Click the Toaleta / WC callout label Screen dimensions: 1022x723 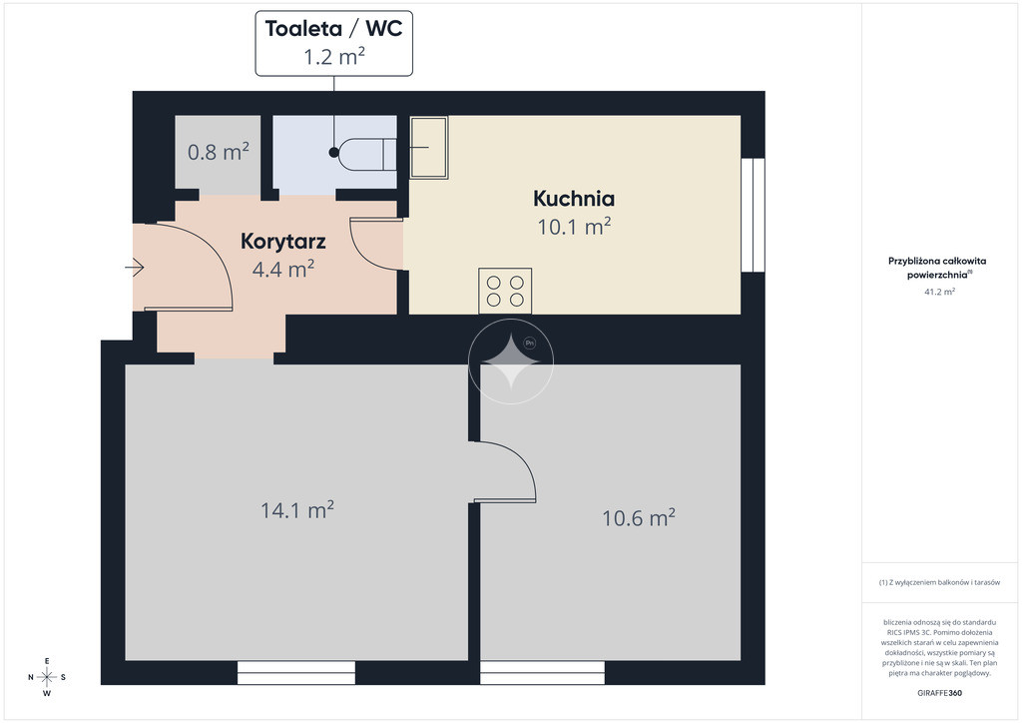pyautogui.click(x=333, y=43)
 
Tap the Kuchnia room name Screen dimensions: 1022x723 pyautogui.click(x=574, y=198)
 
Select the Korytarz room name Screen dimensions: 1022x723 pyautogui.click(x=282, y=242)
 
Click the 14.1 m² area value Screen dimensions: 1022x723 pyautogui.click(x=297, y=510)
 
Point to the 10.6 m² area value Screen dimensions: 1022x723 pyautogui.click(x=638, y=517)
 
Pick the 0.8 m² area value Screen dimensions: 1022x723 pyautogui.click(x=218, y=152)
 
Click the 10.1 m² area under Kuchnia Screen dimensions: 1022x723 pyautogui.click(x=574, y=227)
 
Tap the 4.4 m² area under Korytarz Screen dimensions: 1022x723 pyautogui.click(x=282, y=269)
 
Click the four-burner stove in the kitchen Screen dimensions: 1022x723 pyautogui.click(x=505, y=291)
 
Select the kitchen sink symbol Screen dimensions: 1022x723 pyautogui.click(x=428, y=148)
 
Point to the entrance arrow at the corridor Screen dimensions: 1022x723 pyautogui.click(x=135, y=268)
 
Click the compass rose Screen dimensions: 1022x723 pyautogui.click(x=47, y=677)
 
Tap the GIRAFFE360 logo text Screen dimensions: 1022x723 pyautogui.click(x=939, y=693)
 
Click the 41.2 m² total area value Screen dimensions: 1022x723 pyautogui.click(x=939, y=292)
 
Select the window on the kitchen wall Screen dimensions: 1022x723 pyautogui.click(x=753, y=215)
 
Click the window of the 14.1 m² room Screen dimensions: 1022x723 pyautogui.click(x=295, y=673)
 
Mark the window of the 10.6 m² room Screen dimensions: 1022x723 pyautogui.click(x=542, y=673)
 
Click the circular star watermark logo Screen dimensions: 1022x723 pyautogui.click(x=511, y=361)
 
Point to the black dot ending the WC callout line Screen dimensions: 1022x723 pyautogui.click(x=334, y=153)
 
